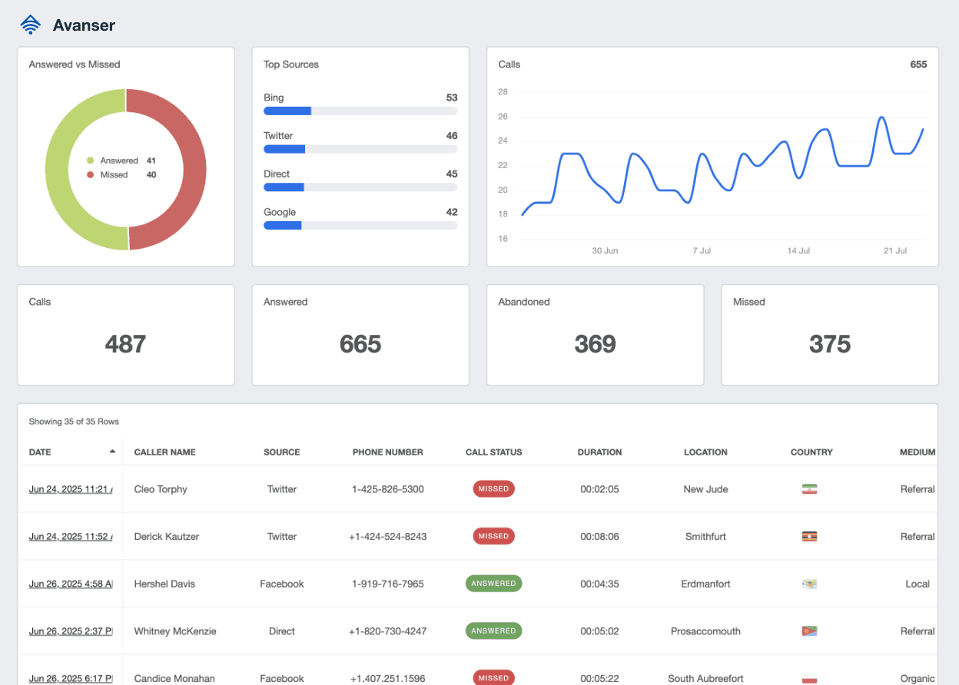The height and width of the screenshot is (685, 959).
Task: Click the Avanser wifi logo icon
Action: tap(30, 25)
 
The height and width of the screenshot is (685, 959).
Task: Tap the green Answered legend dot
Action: tap(90, 160)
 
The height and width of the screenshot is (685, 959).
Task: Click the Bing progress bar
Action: tap(360, 111)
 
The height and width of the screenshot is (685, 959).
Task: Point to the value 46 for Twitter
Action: tap(452, 136)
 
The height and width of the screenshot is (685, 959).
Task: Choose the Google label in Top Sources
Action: tap(280, 212)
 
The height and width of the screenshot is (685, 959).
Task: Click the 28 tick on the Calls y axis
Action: tap(503, 92)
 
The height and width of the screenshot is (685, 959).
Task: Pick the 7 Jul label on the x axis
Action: tap(702, 251)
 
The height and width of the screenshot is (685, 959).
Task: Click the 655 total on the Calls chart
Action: tap(918, 65)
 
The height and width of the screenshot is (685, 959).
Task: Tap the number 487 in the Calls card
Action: tap(125, 344)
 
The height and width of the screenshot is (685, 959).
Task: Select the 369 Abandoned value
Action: tap(595, 344)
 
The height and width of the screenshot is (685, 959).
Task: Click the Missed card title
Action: tap(749, 302)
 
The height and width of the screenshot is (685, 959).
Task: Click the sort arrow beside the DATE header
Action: tap(113, 452)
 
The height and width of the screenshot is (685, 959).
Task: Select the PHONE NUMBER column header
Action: tap(387, 452)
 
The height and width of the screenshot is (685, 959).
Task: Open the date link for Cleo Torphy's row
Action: tap(71, 489)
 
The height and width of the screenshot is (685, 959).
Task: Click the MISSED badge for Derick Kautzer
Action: tap(493, 536)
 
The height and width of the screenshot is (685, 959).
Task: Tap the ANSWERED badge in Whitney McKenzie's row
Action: tap(493, 631)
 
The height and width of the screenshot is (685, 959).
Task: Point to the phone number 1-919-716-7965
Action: tap(387, 584)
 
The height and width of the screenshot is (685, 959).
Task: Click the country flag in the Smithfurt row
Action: tap(808, 537)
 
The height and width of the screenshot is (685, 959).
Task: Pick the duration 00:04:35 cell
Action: tap(599, 584)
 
